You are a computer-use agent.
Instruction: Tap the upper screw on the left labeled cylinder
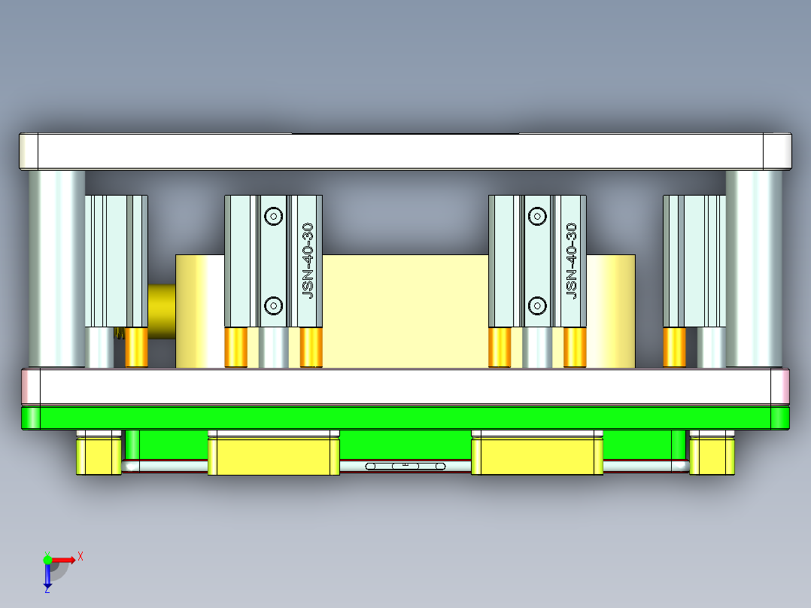[x=274, y=217]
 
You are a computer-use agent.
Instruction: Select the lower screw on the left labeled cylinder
[x=274, y=306]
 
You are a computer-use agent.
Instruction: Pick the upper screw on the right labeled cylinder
[x=537, y=217]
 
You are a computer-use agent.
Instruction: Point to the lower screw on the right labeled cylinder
[x=537, y=306]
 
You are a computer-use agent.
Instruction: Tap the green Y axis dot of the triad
[x=47, y=559]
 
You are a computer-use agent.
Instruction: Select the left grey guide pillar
[x=56, y=267]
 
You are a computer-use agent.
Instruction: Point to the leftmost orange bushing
[x=136, y=348]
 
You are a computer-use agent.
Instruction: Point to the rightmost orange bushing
[x=674, y=348]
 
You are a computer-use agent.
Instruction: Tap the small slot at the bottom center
[x=405, y=467]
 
